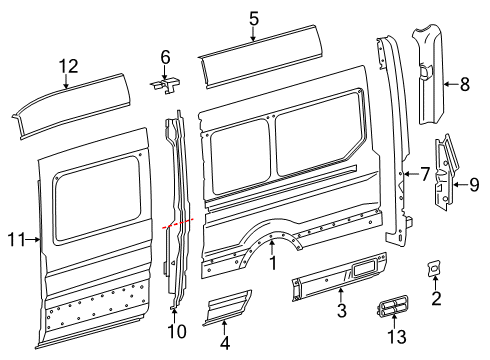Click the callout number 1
(271, 263)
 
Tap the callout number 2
(436, 298)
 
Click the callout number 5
(254, 17)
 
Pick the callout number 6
(166, 57)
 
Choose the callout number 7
(425, 175)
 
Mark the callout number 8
(463, 85)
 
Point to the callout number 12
(67, 66)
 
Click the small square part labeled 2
(435, 268)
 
